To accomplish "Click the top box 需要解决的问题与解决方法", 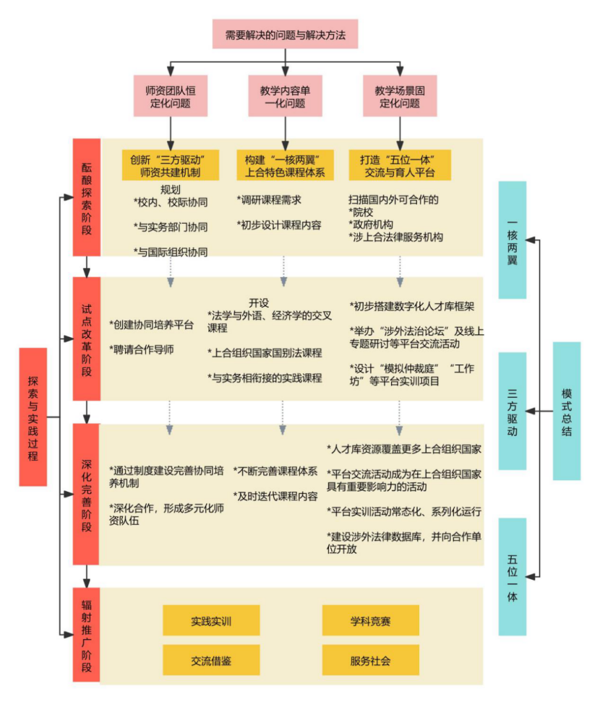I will click(x=285, y=34).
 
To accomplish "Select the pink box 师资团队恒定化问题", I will click(x=170, y=96).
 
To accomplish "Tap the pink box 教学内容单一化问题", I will click(x=285, y=96).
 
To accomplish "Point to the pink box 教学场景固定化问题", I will click(x=400, y=96).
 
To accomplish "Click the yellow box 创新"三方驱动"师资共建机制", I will click(x=170, y=165).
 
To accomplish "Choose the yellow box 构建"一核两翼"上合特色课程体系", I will click(x=284, y=165).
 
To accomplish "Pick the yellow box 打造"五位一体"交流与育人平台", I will click(x=400, y=165).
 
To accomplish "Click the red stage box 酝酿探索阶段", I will click(x=87, y=196).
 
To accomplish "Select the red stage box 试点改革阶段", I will click(x=87, y=339).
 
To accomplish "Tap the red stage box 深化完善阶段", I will click(x=87, y=495).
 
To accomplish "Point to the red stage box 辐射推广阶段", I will click(x=87, y=635).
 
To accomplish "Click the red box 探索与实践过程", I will click(x=33, y=417).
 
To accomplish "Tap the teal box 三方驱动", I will click(x=513, y=411).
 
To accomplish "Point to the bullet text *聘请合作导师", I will click(x=143, y=349).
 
